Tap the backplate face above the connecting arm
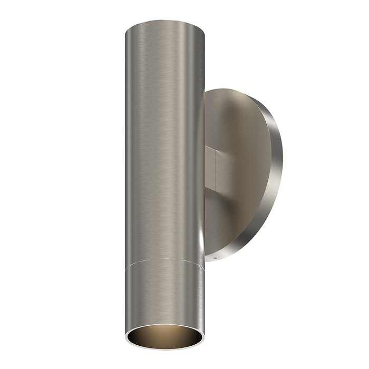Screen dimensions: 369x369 click(237, 121)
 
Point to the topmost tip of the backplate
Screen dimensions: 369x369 click(232, 89)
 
